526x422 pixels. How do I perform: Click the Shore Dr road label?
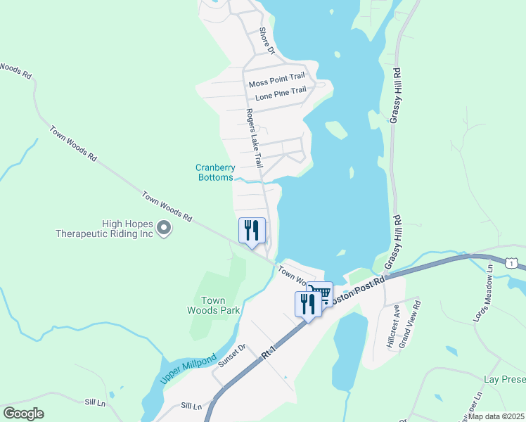pyautogui.click(x=266, y=41)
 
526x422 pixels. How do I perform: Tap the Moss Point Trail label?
pyautogui.click(x=277, y=84)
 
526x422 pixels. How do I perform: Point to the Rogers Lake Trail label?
pyautogui.click(x=254, y=138)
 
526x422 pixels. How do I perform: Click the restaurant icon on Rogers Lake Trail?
pyautogui.click(x=251, y=230)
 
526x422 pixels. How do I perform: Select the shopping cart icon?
pyautogui.click(x=320, y=293)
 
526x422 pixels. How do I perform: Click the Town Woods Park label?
pyautogui.click(x=214, y=305)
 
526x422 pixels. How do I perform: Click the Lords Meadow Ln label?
pyautogui.click(x=484, y=298)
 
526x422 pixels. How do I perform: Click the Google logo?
pyautogui.click(x=23, y=414)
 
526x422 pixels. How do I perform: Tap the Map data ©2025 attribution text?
pyautogui.click(x=496, y=416)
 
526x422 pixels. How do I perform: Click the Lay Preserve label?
pyautogui.click(x=504, y=379)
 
